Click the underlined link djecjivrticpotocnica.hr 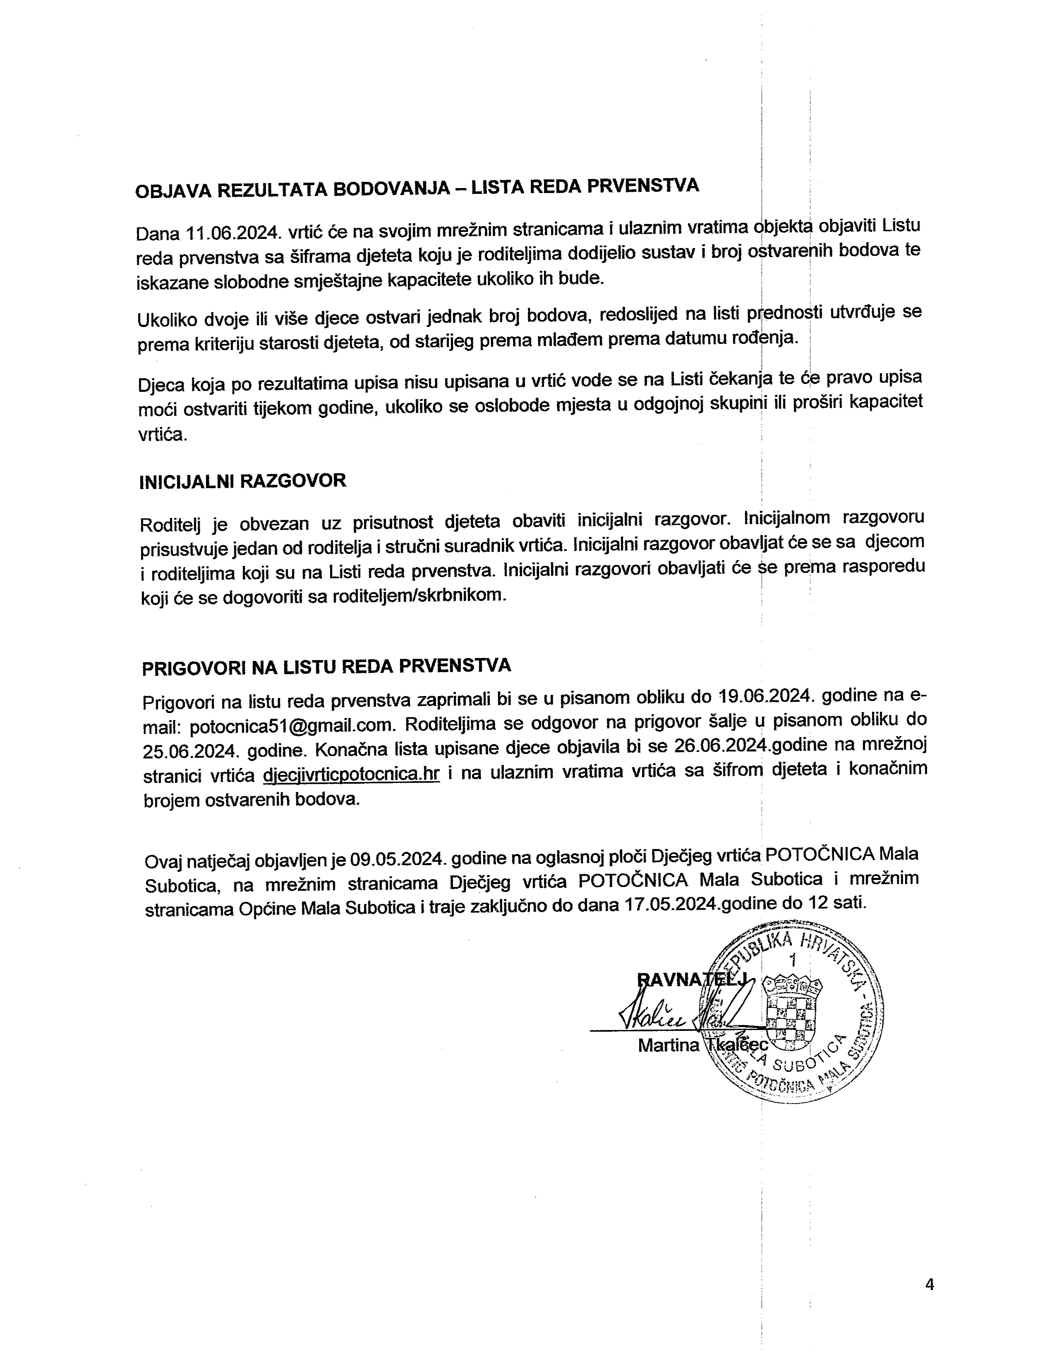point(352,775)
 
